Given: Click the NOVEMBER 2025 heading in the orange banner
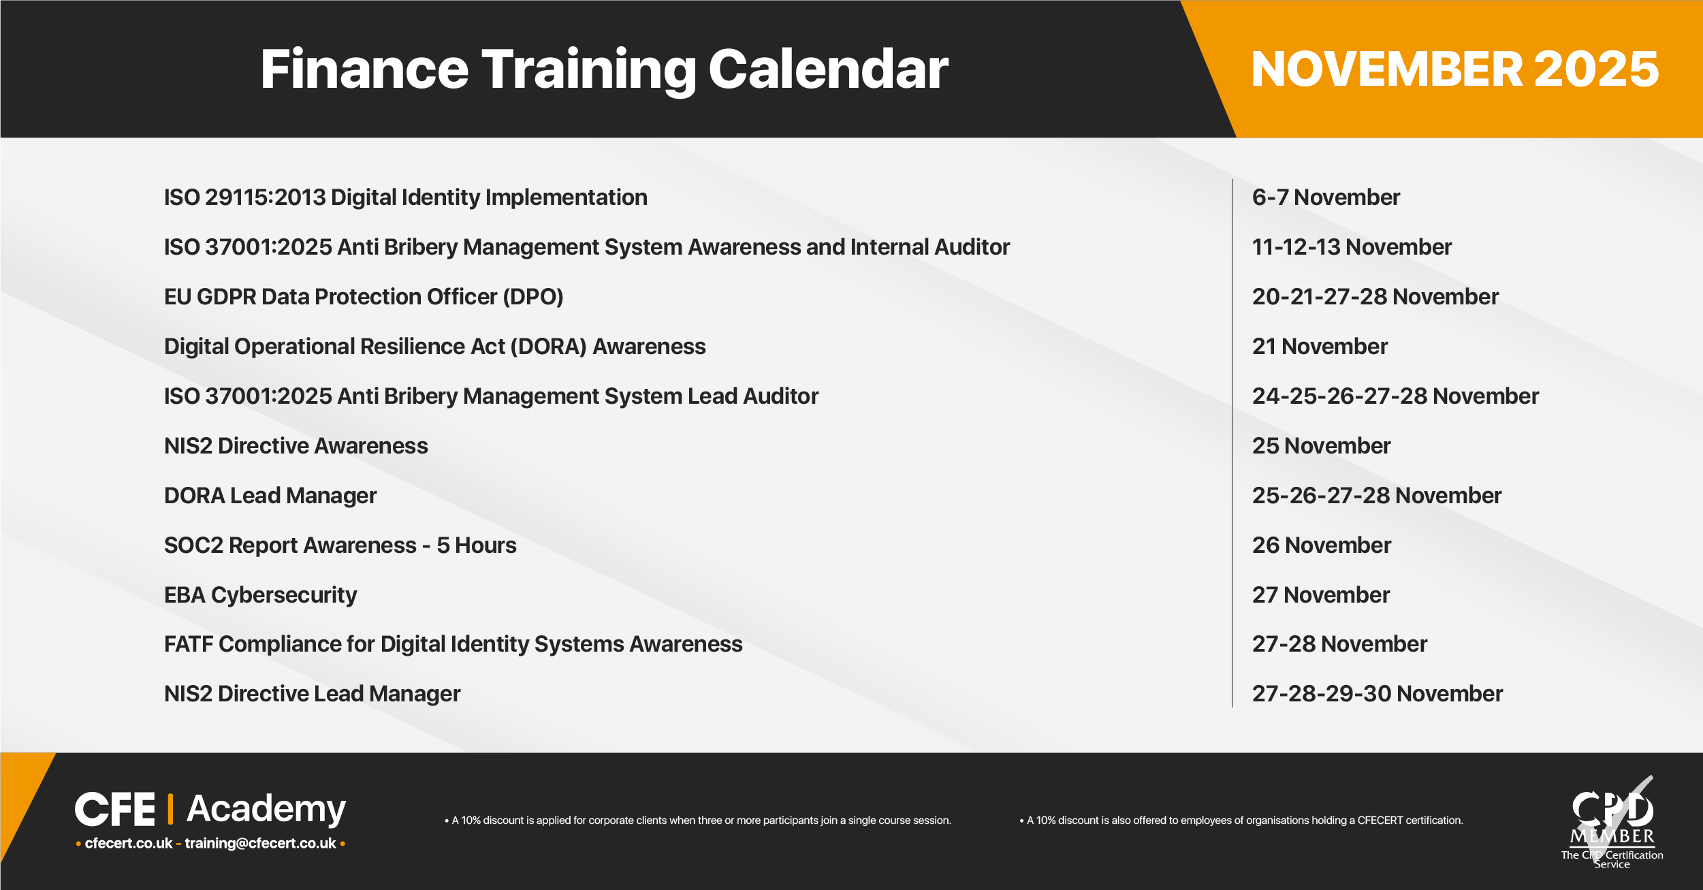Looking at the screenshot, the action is pyautogui.click(x=1455, y=69).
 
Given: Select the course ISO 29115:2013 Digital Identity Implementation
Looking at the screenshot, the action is pyautogui.click(x=406, y=197).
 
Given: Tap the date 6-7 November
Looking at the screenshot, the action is pyautogui.click(x=1326, y=197).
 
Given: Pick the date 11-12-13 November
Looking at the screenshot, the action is pyautogui.click(x=1352, y=247).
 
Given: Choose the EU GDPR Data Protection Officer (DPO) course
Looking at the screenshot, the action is pyautogui.click(x=364, y=297).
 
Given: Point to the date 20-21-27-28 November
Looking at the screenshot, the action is pyautogui.click(x=1375, y=297).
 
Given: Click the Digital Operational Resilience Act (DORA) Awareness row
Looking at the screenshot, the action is pyautogui.click(x=435, y=347).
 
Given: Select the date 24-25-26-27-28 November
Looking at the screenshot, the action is pyautogui.click(x=1395, y=396).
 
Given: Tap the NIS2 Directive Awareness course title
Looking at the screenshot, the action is pyautogui.click(x=296, y=446).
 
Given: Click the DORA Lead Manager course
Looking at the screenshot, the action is pyautogui.click(x=270, y=496).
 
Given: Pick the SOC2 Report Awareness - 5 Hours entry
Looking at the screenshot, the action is pyautogui.click(x=340, y=545).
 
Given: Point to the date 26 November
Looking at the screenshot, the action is pyautogui.click(x=1322, y=545).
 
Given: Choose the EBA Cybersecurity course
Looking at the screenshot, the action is pyautogui.click(x=261, y=595).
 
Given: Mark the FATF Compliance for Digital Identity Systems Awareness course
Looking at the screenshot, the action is pyautogui.click(x=453, y=644).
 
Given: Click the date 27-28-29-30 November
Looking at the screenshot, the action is pyautogui.click(x=1378, y=694).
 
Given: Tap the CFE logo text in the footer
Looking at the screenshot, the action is pyautogui.click(x=115, y=810).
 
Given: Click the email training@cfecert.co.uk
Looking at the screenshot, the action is pyautogui.click(x=261, y=844).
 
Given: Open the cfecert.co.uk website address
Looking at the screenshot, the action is pyautogui.click(x=129, y=843).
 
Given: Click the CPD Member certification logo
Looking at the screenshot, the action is pyautogui.click(x=1612, y=823).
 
